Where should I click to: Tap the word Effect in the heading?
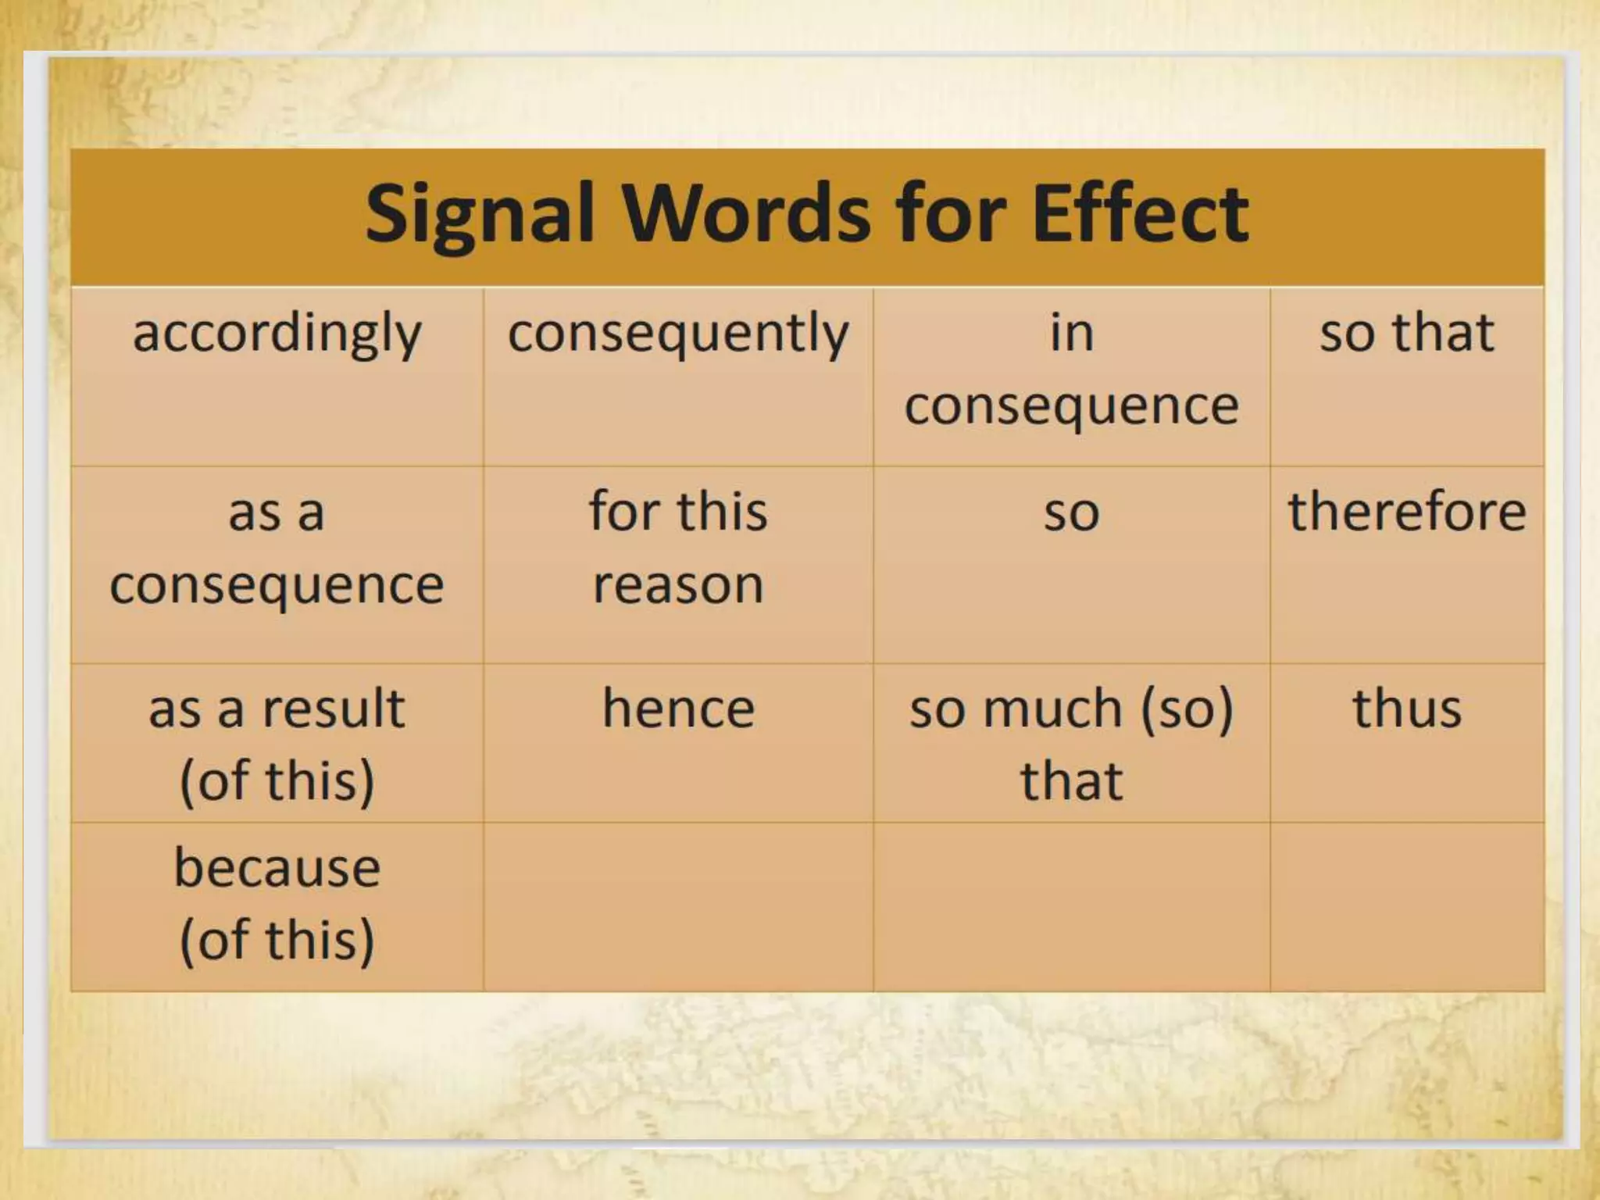click(x=1140, y=212)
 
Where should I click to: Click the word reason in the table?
click(x=678, y=585)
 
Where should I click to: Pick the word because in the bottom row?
click(x=277, y=868)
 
